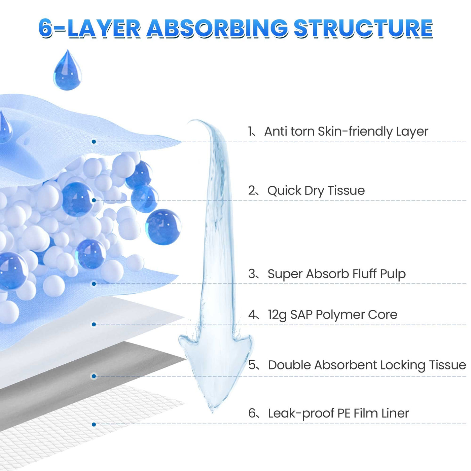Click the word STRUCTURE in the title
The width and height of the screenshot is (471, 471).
coord(363,28)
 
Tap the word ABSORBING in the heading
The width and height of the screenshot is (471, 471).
coord(217,28)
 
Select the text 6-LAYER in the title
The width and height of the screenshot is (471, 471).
coord(89,28)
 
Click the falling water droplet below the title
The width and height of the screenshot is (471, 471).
coord(68,71)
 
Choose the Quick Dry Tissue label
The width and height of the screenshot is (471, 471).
coord(316,190)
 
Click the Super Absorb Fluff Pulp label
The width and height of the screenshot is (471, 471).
coord(336,274)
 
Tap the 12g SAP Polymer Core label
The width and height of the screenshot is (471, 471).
coord(332,315)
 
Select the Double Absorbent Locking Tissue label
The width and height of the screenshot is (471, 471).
coord(367,365)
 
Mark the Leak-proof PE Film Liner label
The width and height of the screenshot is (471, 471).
coord(338,413)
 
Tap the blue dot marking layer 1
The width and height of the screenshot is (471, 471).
coord(94,142)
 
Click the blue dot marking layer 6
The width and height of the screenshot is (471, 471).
coord(94,425)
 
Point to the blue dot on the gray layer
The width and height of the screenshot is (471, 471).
coord(94,376)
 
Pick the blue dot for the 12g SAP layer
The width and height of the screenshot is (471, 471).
coord(94,324)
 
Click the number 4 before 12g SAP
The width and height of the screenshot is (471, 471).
coord(252,315)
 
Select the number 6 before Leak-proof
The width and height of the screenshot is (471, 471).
coord(252,413)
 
